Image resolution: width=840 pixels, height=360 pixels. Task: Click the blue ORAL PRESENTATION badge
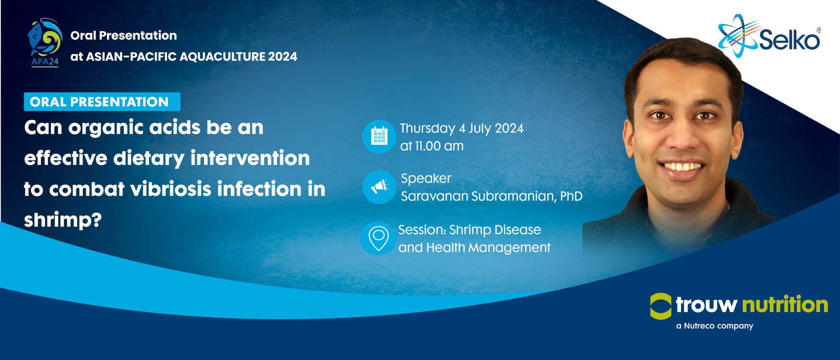click(102, 102)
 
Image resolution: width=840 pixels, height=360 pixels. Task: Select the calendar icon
click(379, 136)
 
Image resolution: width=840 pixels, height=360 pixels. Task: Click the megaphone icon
click(379, 187)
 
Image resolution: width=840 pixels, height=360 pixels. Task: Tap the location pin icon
click(378, 238)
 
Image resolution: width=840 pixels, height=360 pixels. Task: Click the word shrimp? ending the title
click(63, 220)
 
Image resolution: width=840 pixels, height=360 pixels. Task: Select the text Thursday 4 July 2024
click(462, 129)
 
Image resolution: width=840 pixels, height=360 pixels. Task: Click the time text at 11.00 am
click(432, 146)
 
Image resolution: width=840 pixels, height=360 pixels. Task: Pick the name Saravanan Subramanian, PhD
click(492, 196)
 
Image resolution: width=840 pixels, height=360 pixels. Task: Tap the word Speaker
click(426, 179)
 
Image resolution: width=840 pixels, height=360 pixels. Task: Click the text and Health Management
click(474, 248)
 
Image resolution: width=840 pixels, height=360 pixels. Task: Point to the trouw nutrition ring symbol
click(660, 306)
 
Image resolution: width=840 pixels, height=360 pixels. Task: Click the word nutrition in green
click(785, 305)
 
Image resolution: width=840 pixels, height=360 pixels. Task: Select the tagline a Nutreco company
click(715, 326)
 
